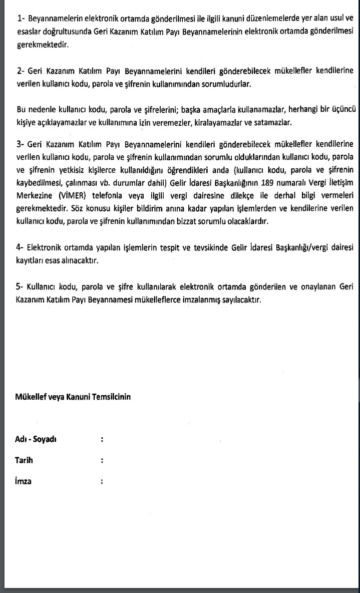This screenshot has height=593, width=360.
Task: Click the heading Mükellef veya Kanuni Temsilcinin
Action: (73, 397)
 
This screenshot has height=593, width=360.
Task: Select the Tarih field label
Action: (25, 460)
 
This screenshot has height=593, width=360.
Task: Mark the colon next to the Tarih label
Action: (102, 460)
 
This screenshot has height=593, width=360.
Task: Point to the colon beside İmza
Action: (102, 481)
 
